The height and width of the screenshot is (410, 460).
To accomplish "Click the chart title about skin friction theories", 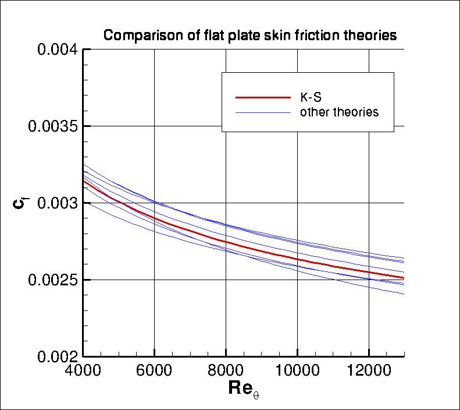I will pos(249,36).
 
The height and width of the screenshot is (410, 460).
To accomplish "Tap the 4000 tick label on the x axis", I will pos(84,371).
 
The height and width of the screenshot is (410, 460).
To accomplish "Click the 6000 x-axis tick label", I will pos(155,371).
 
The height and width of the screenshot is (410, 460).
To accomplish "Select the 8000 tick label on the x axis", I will pos(226,371).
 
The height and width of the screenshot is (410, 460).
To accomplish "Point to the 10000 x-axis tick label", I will pos(297,371).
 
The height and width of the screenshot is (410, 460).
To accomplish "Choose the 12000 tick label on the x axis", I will pos(368,371).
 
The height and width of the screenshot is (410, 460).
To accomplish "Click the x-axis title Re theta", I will pos(243,389).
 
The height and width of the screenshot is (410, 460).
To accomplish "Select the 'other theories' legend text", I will pos(339,112).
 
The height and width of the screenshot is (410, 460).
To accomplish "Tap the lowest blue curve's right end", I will pos(403,294).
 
